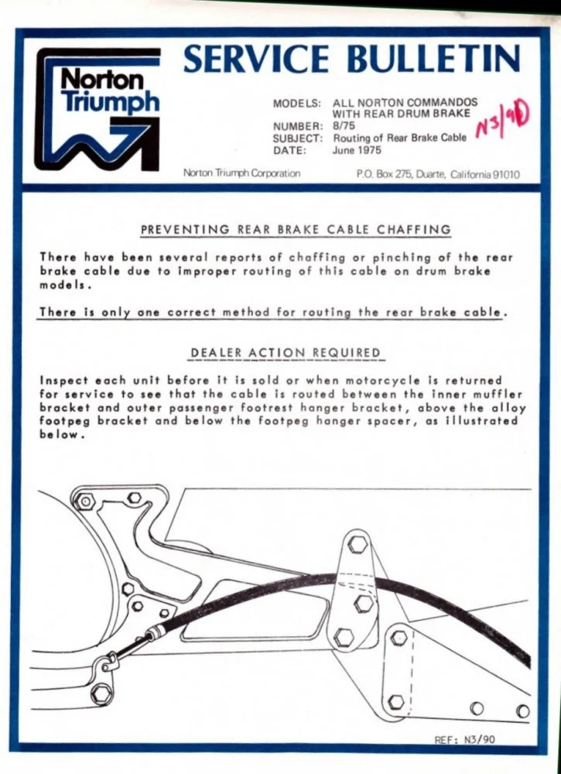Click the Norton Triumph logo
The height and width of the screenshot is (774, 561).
pos(97,109)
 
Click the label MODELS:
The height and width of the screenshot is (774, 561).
pos(297,104)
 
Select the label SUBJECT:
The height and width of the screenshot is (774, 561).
pos(298,139)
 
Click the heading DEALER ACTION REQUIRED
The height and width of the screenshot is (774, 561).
pos(286,353)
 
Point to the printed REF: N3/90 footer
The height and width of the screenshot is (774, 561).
pos(464,739)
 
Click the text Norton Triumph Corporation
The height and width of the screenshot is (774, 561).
pos(241,173)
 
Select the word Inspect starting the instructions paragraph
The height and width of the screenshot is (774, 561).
pos(62,382)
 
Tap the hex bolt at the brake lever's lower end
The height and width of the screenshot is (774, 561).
pos(101,694)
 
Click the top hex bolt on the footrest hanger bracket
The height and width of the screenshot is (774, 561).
pos(357,544)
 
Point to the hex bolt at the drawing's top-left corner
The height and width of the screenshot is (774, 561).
pos(85,502)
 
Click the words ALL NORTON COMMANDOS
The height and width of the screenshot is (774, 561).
pos(405,103)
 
